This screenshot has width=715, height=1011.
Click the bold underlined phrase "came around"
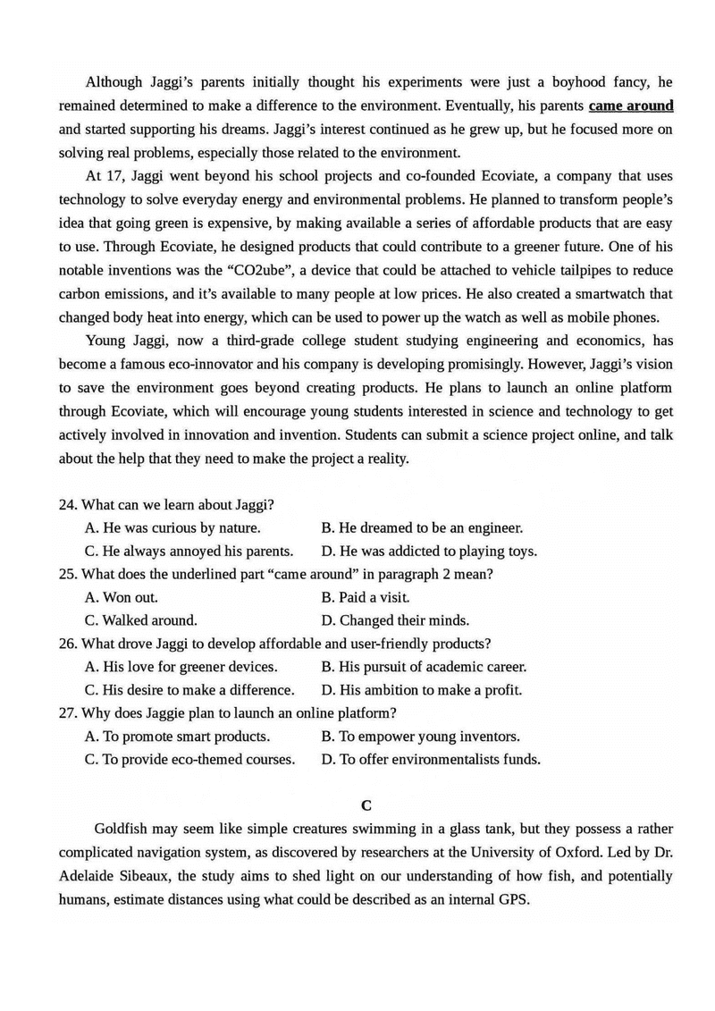tap(631, 106)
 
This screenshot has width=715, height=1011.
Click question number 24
tap(68, 504)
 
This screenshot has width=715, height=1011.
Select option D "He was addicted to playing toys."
tap(429, 552)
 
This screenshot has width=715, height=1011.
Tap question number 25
tap(68, 574)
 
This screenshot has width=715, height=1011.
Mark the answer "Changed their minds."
tap(395, 620)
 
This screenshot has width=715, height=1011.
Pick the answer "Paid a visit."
tap(366, 597)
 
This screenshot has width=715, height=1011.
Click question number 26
tap(68, 644)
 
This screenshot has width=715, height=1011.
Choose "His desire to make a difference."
tap(189, 690)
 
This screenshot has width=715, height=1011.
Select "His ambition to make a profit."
tap(422, 690)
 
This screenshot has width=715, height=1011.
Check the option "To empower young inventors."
tap(420, 737)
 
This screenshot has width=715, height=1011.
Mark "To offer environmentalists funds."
tap(431, 760)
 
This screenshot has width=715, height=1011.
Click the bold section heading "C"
tap(366, 805)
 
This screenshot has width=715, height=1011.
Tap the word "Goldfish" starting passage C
tap(122, 830)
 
